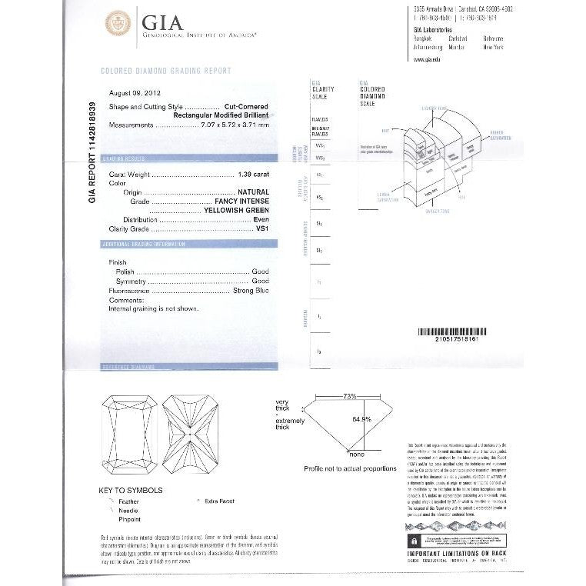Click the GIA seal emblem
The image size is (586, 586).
pos(118,23)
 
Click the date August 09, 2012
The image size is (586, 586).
pos(132,88)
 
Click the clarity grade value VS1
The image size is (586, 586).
pos(261,228)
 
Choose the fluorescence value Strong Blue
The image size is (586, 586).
pos(250,292)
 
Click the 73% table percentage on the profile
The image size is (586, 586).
pos(350,396)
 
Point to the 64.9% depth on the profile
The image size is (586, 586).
pos(361,419)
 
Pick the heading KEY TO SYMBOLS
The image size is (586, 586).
pos(130,490)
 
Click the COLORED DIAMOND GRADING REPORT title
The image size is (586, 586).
pos(166,71)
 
